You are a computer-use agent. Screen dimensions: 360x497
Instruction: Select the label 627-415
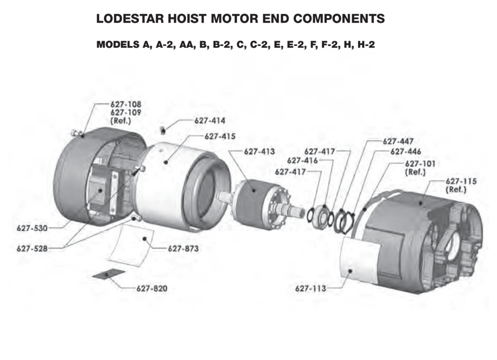point(219,137)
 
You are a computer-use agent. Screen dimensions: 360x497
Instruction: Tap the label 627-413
point(259,152)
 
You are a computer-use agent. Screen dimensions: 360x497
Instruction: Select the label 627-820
point(152,289)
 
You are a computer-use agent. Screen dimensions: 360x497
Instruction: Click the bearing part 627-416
point(323,215)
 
